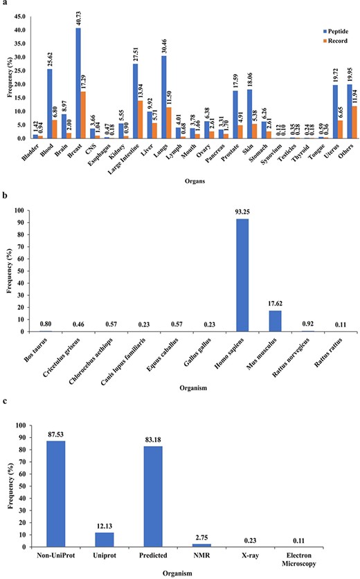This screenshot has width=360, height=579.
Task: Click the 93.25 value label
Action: (x=242, y=213)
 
